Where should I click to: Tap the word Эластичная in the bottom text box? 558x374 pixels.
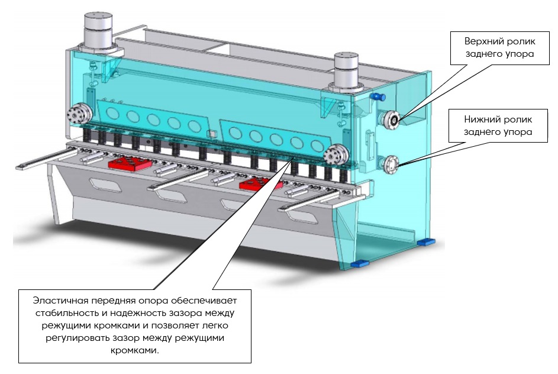pyautogui.click(x=60, y=301)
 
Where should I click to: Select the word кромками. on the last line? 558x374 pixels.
pyautogui.click(x=135, y=350)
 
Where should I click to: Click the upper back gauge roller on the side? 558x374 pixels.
pyautogui.click(x=391, y=120)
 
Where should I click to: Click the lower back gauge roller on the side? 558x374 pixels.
pyautogui.click(x=391, y=165)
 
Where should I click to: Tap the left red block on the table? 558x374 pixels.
pyautogui.click(x=130, y=164)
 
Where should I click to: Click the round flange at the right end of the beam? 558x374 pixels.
pyautogui.click(x=336, y=156)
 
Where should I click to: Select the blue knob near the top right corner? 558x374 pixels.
pyautogui.click(x=378, y=97)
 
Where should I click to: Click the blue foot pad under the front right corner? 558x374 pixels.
pyautogui.click(x=359, y=264)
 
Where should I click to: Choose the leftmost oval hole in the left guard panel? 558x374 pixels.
pyautogui.click(x=112, y=114)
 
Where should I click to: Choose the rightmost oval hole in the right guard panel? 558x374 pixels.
pyautogui.click(x=317, y=146)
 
